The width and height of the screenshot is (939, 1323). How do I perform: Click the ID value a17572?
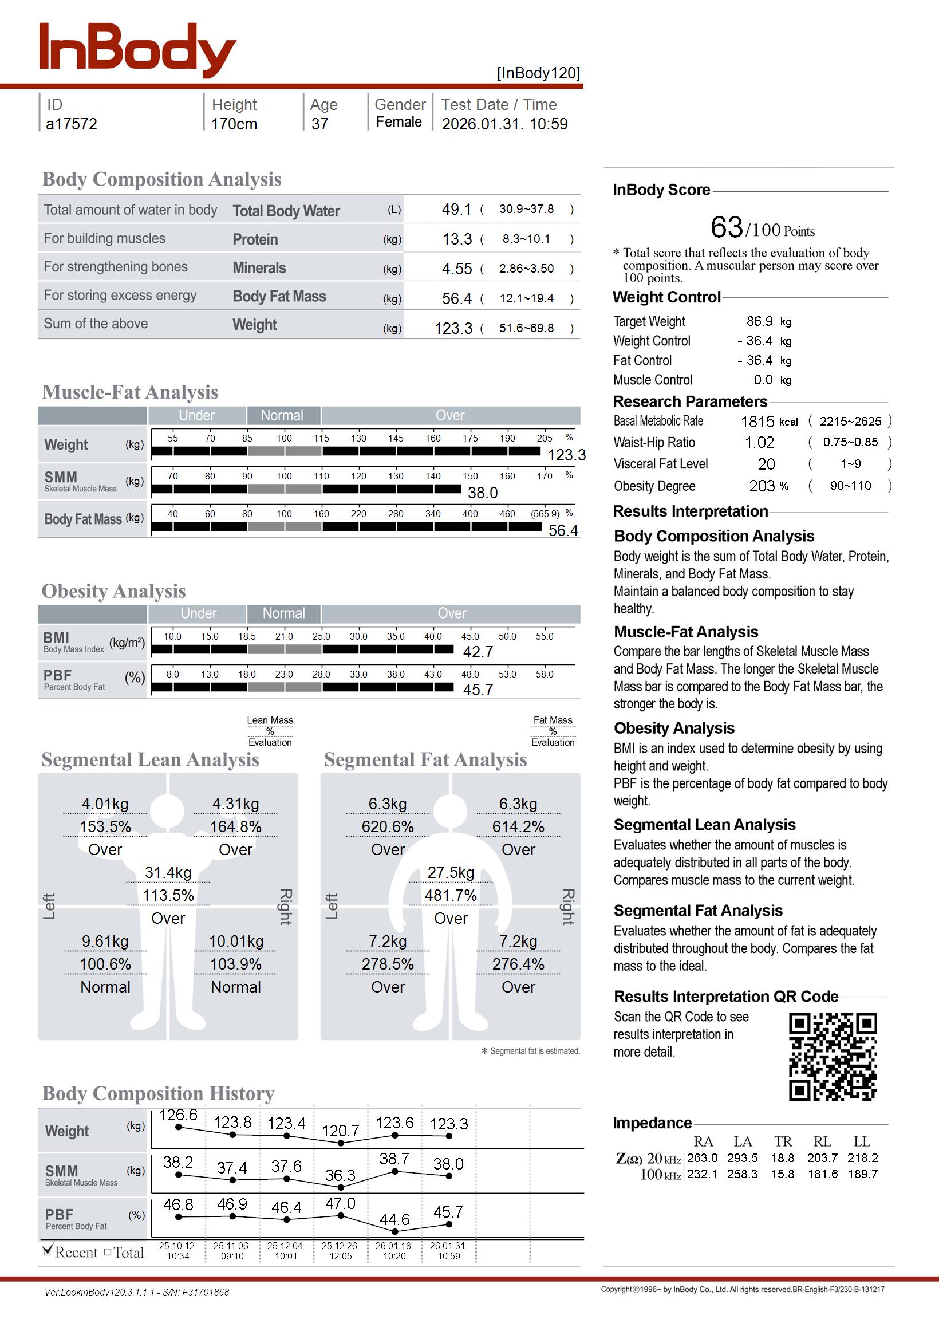coord(71,124)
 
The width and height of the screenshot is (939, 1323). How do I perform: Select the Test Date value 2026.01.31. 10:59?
coord(504,124)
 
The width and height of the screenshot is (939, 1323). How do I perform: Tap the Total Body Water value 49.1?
coord(456,209)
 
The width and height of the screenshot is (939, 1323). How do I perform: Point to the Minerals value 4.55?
coord(456,269)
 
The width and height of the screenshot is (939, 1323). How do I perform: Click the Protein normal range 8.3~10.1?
coord(526,239)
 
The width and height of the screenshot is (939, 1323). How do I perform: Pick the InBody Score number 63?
coord(726,227)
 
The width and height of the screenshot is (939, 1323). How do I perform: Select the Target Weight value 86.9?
coord(759,321)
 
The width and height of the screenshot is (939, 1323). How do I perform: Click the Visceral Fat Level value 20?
coord(766,464)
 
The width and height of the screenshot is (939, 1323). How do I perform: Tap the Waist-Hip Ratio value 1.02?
coord(759,443)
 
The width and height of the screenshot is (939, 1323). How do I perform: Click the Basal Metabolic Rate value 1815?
coord(757,422)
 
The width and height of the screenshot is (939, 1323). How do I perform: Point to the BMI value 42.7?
coord(478,652)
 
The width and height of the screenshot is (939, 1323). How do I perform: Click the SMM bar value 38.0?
coord(482,493)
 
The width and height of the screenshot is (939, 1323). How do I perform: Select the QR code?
coord(833,1057)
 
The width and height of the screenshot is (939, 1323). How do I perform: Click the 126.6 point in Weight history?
coord(178,1127)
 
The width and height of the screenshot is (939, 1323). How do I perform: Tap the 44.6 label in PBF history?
coord(394,1219)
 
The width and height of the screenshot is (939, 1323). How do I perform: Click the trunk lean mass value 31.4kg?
coord(168,873)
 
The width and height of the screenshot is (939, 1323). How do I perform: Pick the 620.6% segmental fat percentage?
coord(388,827)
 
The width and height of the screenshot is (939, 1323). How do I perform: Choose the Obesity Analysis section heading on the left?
coord(113,591)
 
